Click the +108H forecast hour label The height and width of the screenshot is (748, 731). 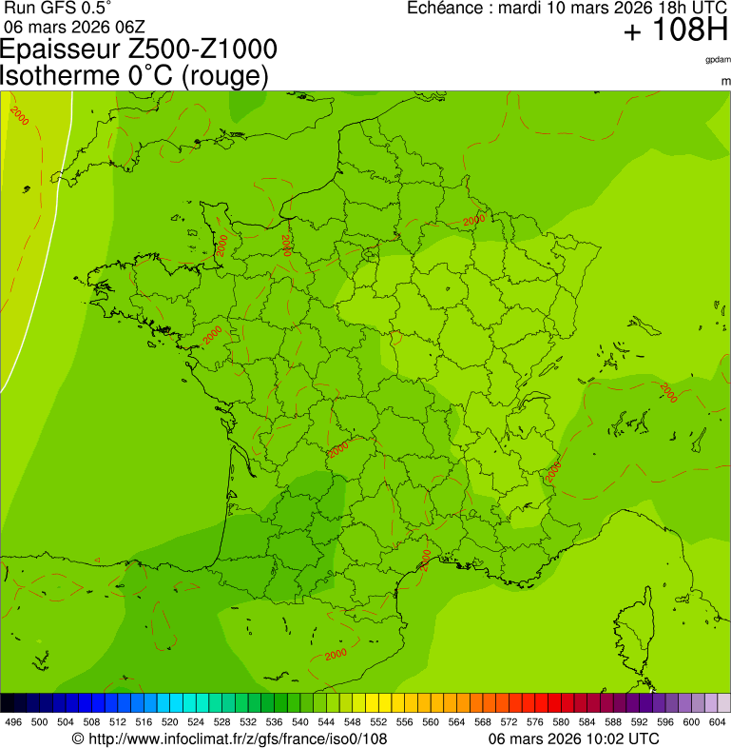point(675,31)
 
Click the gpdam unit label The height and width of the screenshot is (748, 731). point(718,59)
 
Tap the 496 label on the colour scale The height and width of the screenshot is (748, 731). point(13,722)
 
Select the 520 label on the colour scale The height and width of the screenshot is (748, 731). point(169,722)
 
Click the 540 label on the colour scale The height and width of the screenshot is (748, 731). point(299,722)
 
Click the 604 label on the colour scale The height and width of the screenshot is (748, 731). point(717,722)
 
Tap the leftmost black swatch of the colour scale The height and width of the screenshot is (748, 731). point(8,703)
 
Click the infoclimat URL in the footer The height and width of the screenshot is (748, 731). point(237,738)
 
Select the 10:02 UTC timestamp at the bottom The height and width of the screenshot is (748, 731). point(616,738)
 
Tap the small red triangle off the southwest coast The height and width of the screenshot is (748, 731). point(98,559)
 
